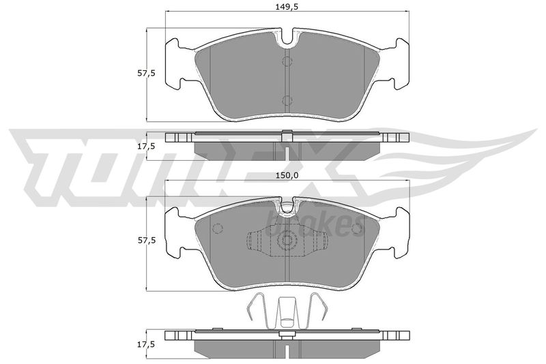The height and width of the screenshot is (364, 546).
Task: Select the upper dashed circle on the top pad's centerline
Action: tap(287, 62)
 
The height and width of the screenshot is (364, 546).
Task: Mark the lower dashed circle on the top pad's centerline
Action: tap(287, 101)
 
